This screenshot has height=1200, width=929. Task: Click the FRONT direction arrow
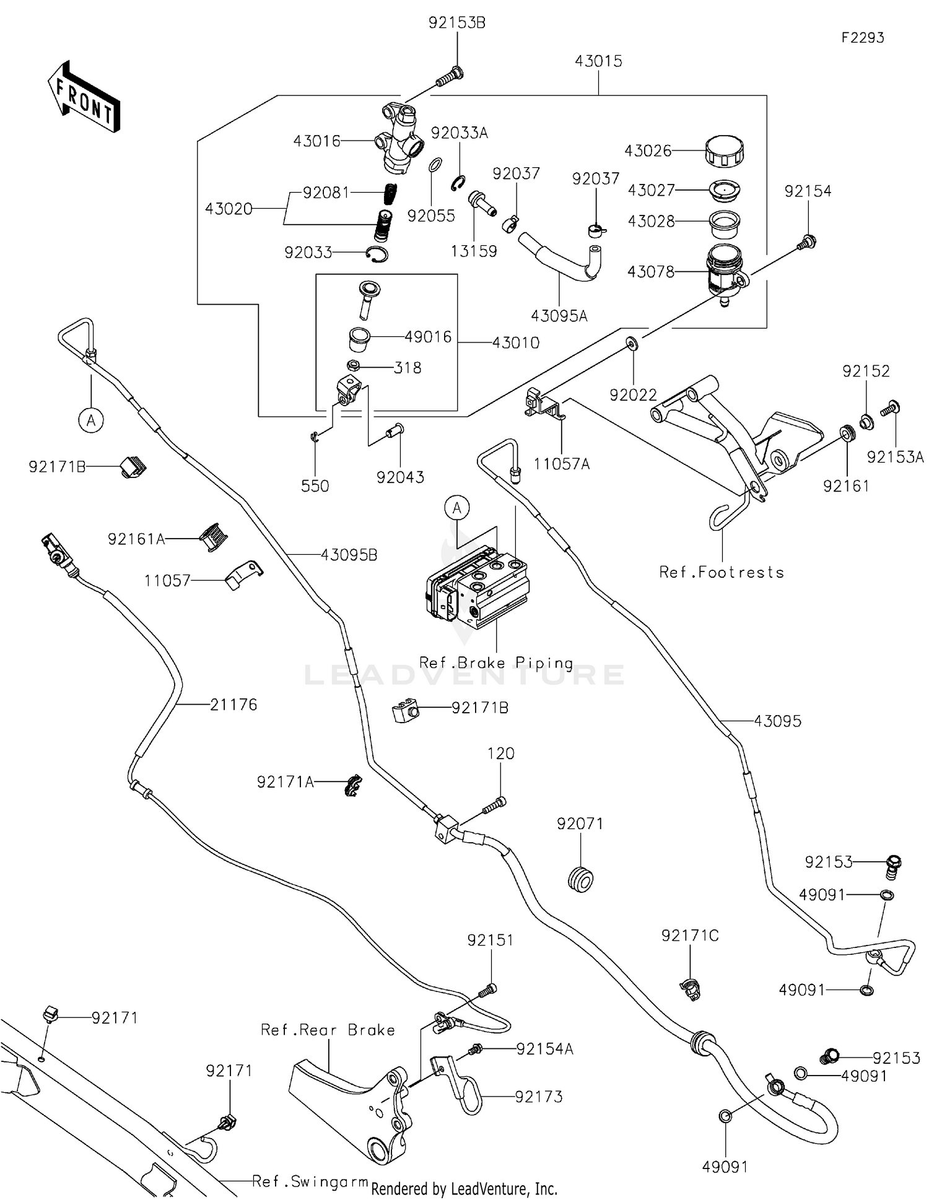pos(84,97)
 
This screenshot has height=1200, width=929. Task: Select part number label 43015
pos(598,61)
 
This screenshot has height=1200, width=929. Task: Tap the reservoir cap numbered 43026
pos(724,150)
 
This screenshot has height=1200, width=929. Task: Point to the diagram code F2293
pos(862,38)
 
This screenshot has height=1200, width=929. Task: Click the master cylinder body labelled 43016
pos(399,140)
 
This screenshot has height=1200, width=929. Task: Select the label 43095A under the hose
pos(559,316)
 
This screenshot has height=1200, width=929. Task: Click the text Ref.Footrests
pos(722,572)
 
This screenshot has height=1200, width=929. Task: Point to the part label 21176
pos(233,705)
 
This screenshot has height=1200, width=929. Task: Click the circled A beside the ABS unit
pos(457,508)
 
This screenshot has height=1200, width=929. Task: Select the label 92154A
pos(544,1049)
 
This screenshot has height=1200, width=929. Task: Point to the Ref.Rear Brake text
pos(328,1030)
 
